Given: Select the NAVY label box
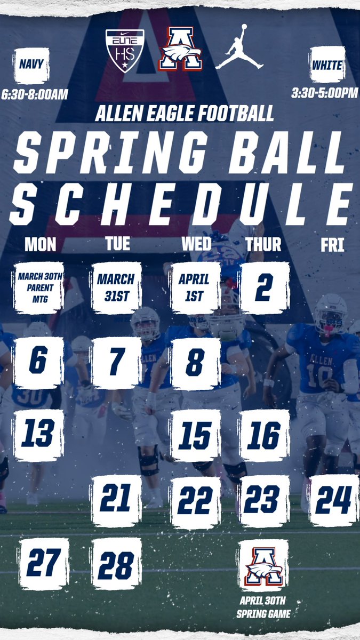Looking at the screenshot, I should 31,66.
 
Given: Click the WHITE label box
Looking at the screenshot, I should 327,65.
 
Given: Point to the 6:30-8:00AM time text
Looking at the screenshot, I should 35,94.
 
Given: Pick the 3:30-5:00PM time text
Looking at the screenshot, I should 324,93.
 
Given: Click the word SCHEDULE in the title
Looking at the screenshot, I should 181,205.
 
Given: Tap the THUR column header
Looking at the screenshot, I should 263,244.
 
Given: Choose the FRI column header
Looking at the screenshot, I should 332,246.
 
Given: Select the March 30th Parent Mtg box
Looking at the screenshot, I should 41,287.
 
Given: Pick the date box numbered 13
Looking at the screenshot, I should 38,435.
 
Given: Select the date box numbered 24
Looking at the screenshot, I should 334,500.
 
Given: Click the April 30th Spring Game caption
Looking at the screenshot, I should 263,609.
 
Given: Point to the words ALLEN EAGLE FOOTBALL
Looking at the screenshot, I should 184,113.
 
